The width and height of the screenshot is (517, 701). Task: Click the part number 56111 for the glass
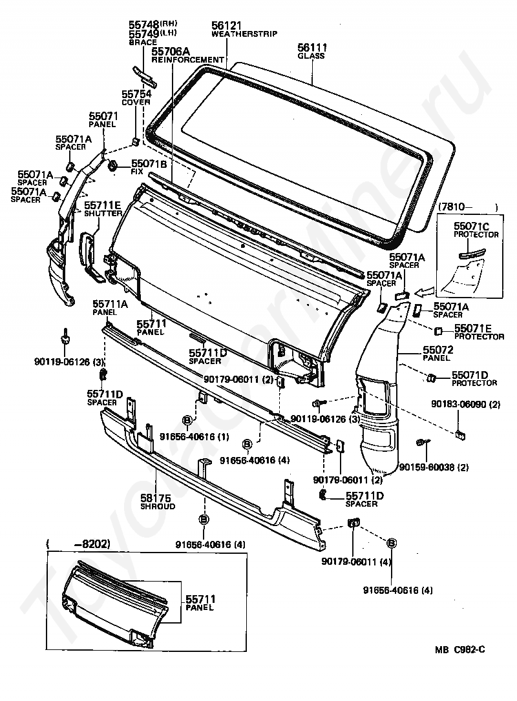tap(312, 47)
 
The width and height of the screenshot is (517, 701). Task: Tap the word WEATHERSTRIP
tap(244, 34)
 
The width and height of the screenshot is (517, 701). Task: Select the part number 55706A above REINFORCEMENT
tap(171, 52)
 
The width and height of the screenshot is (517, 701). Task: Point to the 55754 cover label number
tap(136, 94)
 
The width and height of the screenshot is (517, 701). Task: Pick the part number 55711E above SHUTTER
tap(103, 205)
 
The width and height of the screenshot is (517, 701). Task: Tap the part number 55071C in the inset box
tap(472, 226)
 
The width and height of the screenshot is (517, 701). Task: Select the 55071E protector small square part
tap(438, 331)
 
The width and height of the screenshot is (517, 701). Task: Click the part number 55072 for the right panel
tap(438, 350)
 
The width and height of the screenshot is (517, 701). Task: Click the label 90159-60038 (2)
tap(434, 467)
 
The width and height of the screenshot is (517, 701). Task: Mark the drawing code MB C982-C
tap(459, 649)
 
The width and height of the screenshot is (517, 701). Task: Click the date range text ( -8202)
tap(78, 544)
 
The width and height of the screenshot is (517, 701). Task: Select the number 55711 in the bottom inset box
tap(200, 599)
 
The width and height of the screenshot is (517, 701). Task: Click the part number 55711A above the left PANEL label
tap(110, 304)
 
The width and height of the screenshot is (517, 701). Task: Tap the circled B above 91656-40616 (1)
tap(187, 420)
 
